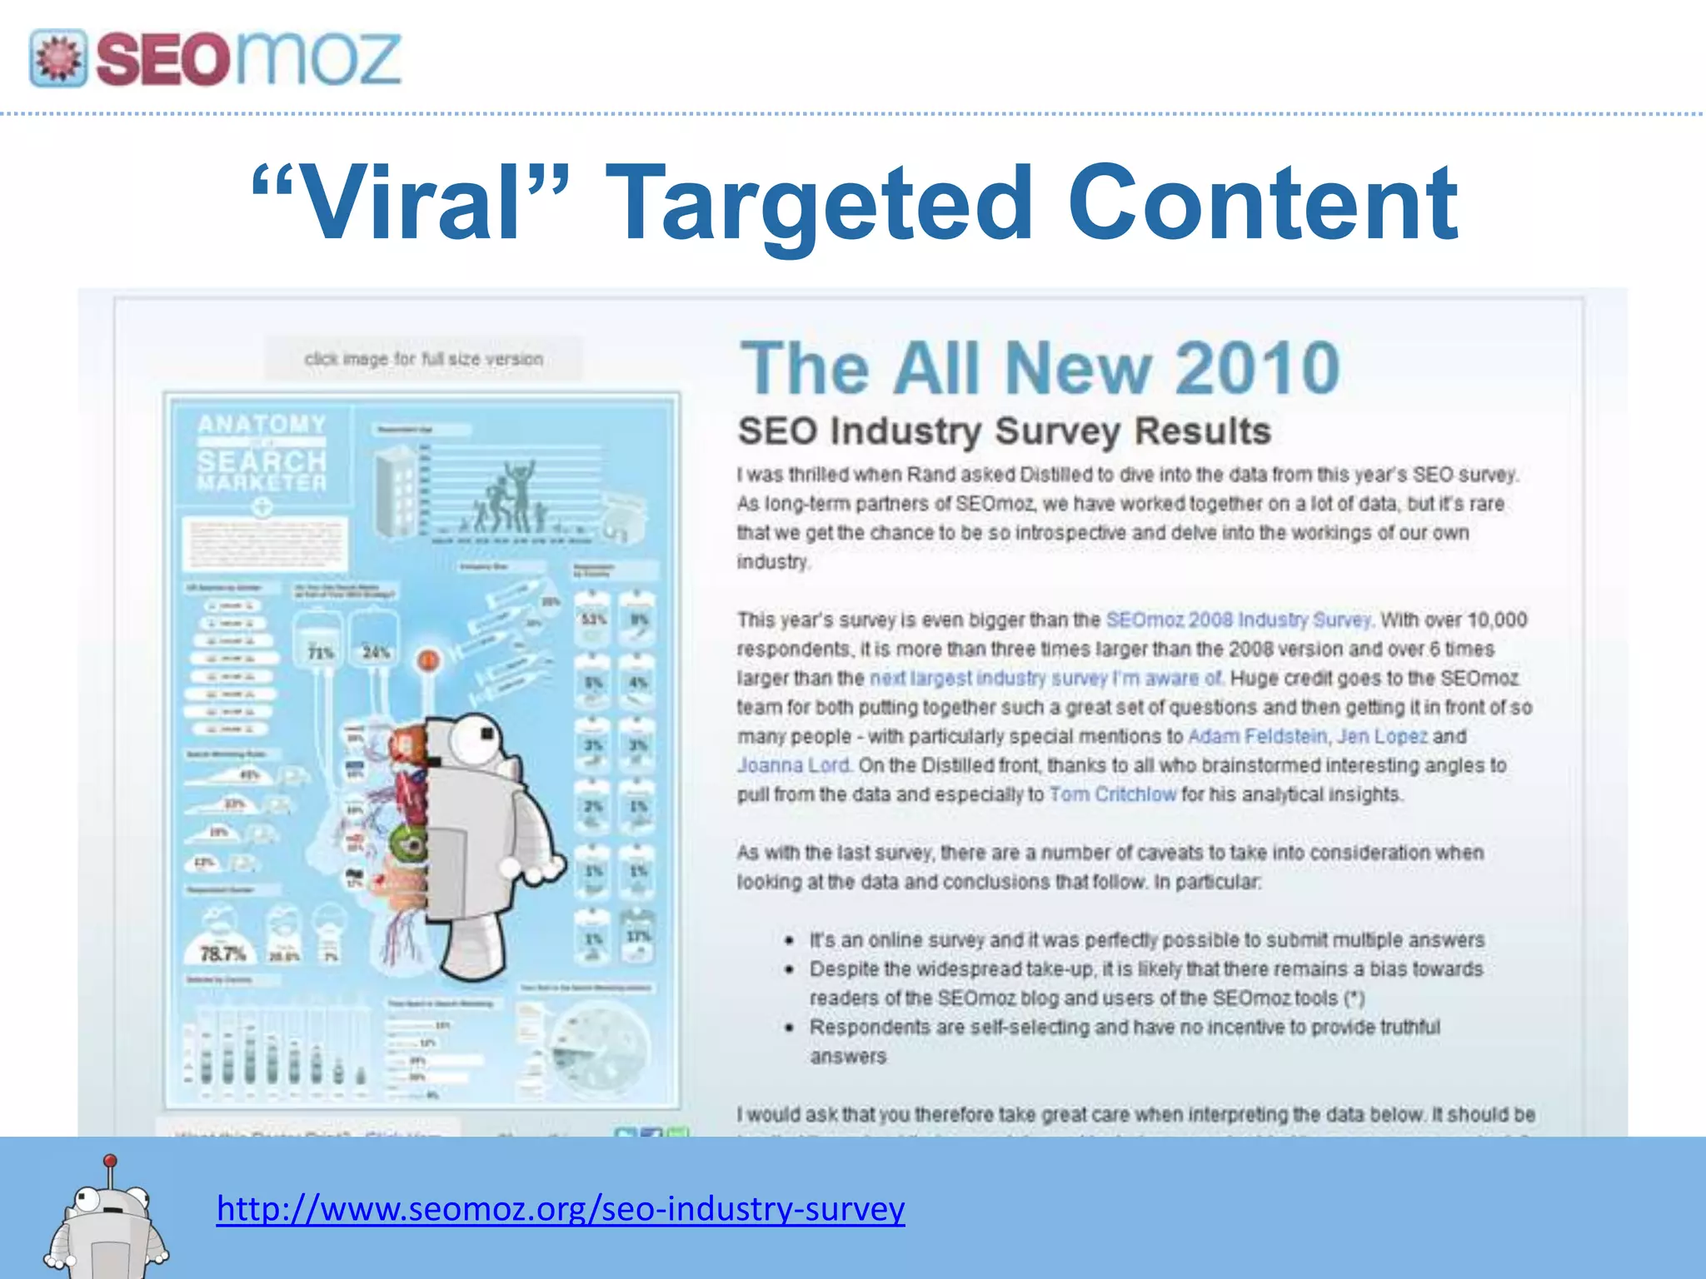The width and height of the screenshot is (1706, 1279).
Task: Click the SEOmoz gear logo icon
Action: pyautogui.click(x=58, y=58)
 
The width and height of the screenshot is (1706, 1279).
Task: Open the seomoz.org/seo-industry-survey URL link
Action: pyautogui.click(x=560, y=1208)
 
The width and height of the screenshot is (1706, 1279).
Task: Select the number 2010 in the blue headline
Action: pyautogui.click(x=1257, y=368)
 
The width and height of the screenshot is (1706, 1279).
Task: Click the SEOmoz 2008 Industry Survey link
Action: pyautogui.click(x=1238, y=620)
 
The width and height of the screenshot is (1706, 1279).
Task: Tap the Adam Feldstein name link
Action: pyautogui.click(x=1257, y=737)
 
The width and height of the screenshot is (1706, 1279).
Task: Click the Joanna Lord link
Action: pyautogui.click(x=793, y=766)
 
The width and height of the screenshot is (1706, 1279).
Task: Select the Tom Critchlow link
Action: pyautogui.click(x=1112, y=795)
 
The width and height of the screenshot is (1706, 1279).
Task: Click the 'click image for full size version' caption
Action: pyautogui.click(x=423, y=360)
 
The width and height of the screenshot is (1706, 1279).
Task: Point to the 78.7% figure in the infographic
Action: pyautogui.click(x=222, y=953)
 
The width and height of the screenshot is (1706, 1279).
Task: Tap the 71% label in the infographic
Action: pyautogui.click(x=321, y=653)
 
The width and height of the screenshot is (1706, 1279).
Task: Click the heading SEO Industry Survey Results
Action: pyautogui.click(x=1004, y=431)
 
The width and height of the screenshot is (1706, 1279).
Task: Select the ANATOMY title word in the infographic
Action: pyautogui.click(x=262, y=425)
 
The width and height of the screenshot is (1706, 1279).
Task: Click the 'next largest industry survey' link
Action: pyautogui.click(x=1045, y=679)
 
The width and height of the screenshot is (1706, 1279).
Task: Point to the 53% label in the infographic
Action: pyautogui.click(x=593, y=620)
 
